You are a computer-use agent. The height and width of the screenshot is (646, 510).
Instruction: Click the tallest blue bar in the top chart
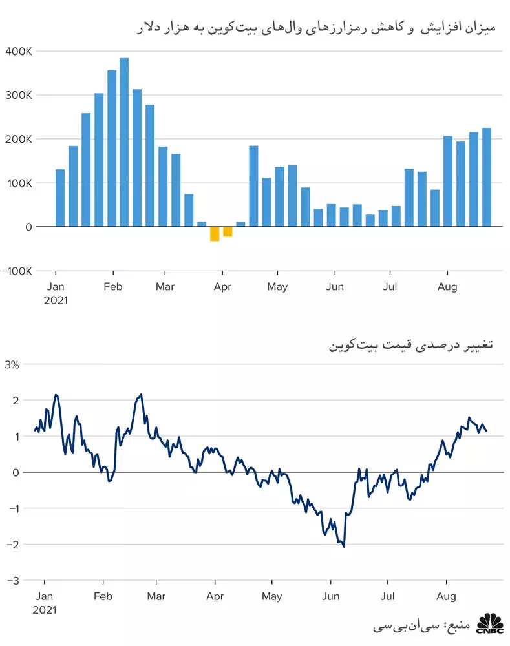tap(124, 142)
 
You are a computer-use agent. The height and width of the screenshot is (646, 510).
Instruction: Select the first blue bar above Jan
tap(60, 198)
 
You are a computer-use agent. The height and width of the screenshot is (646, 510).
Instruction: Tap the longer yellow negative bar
tap(215, 234)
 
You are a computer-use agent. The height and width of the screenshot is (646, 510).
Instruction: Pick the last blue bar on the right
tap(487, 177)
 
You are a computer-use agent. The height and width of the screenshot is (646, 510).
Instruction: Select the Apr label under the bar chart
tap(222, 287)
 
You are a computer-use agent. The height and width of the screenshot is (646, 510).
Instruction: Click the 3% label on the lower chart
tap(12, 364)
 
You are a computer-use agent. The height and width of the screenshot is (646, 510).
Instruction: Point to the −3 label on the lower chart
tap(13, 581)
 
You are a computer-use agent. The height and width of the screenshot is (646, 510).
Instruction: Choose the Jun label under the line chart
tap(331, 596)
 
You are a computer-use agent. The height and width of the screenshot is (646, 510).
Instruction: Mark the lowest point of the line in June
tap(344, 547)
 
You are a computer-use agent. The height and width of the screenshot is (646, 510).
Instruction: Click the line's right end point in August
tap(486, 431)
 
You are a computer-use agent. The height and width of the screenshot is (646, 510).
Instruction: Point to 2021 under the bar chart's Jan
tap(56, 300)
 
